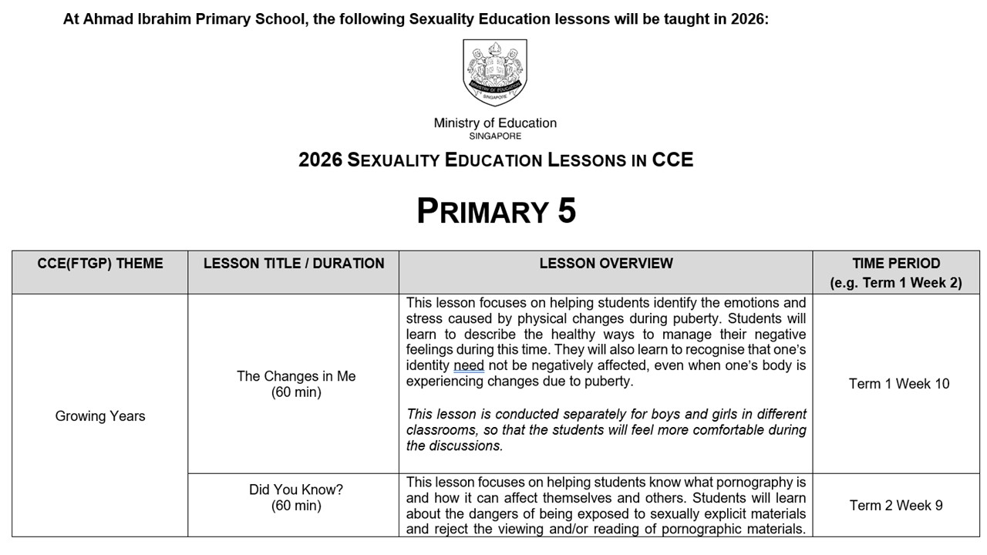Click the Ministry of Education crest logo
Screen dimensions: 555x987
(495, 73)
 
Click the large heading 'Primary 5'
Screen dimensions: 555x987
(496, 210)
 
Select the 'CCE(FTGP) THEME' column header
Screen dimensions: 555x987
(100, 264)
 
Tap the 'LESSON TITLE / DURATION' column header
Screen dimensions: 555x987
(294, 264)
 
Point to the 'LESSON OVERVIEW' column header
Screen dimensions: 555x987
(606, 264)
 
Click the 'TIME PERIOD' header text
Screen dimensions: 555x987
(896, 264)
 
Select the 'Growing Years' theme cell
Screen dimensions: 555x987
(100, 416)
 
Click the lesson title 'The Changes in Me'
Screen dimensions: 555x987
(296, 376)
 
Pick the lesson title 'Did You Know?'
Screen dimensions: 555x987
(296, 489)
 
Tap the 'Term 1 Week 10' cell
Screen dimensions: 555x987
(899, 384)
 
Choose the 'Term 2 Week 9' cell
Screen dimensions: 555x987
(896, 506)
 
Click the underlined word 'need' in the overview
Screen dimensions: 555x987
(469, 365)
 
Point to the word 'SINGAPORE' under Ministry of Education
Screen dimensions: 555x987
(495, 136)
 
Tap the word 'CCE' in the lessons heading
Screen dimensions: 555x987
(672, 160)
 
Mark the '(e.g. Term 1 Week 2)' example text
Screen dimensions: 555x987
(896, 283)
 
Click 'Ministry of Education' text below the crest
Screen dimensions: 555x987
(495, 123)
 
